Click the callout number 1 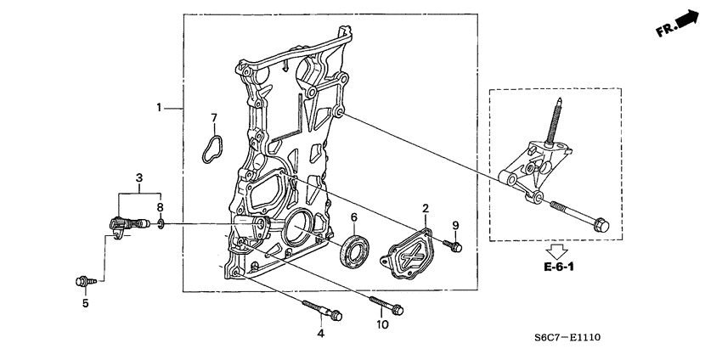158,108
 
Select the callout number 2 426,208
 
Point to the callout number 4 321,334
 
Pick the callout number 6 353,217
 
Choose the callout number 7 214,117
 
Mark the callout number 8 160,206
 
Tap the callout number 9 455,225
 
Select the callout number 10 382,323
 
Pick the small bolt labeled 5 83,279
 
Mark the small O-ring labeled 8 160,225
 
